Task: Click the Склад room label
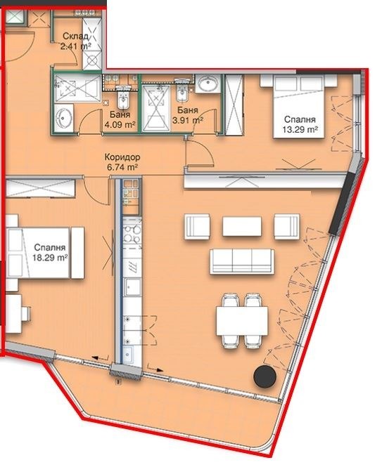coord(74,37)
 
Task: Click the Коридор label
coord(118,158)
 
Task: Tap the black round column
coord(265,376)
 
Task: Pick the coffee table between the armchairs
coord(242,226)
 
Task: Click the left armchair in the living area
coord(196,226)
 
